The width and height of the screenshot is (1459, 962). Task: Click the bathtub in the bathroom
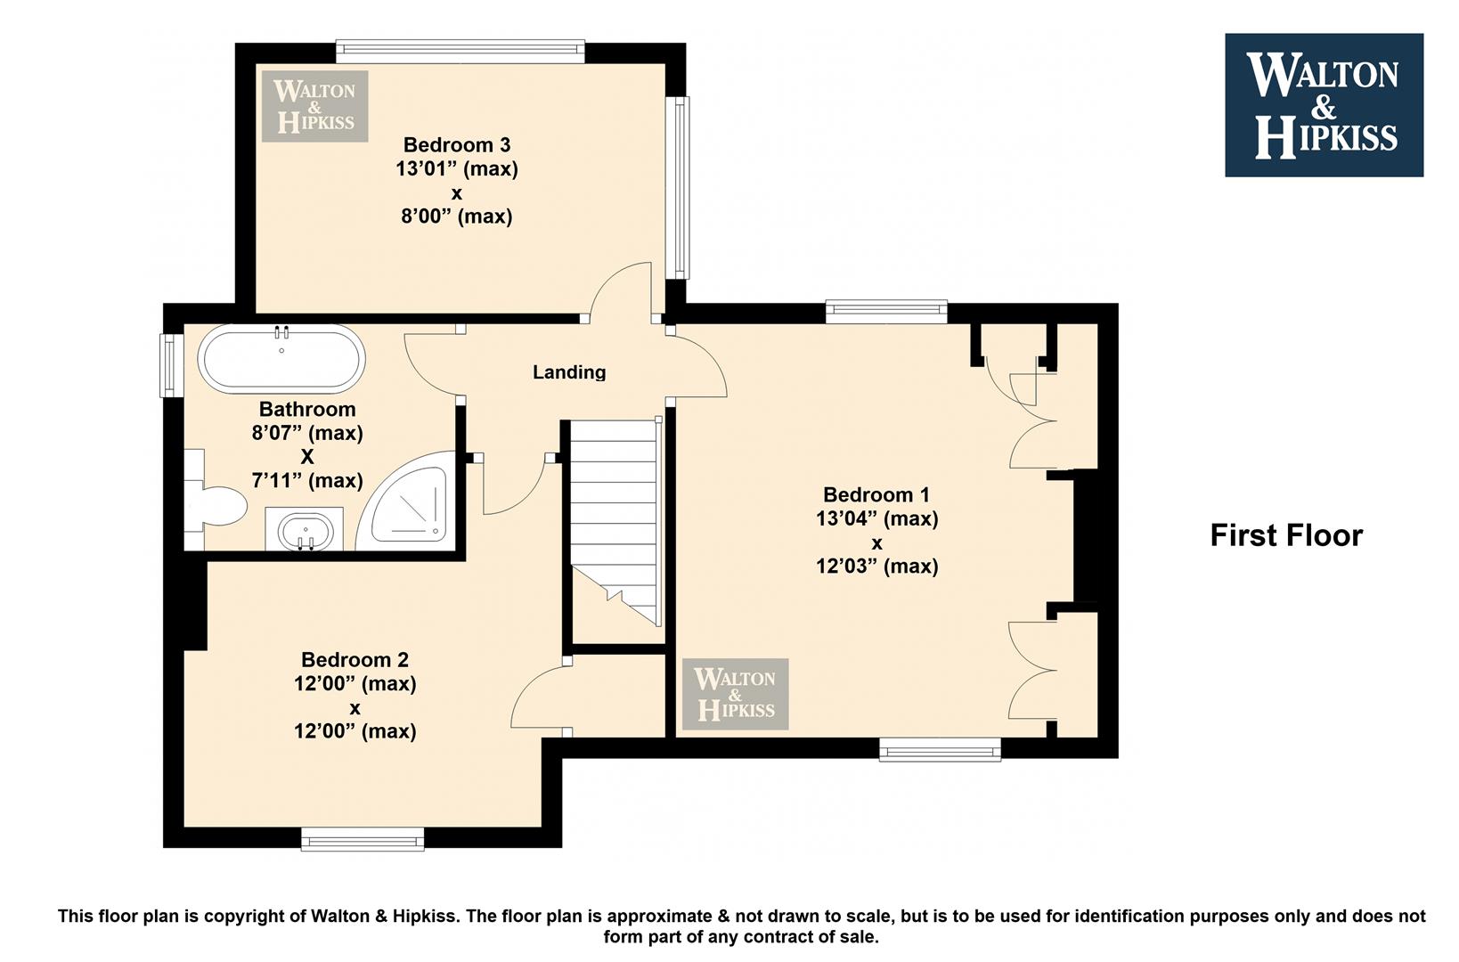[x=281, y=359]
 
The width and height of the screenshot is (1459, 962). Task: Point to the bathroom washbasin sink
[x=304, y=530]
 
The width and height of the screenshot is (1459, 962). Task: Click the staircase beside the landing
[x=615, y=522]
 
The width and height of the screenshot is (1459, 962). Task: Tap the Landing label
[x=569, y=372]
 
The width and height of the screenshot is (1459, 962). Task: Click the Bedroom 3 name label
[x=457, y=144]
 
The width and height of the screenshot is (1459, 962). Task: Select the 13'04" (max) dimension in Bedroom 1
[x=876, y=518]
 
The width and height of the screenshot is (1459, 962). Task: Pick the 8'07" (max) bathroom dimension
[x=306, y=433]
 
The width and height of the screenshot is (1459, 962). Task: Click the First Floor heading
[x=1286, y=535]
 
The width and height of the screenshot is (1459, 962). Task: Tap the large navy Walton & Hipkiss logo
[x=1325, y=105]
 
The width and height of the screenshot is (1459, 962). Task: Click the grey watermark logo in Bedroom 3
[x=315, y=106]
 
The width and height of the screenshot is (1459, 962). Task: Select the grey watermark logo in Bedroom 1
[x=736, y=694]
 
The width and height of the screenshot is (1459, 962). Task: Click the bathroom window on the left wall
[x=171, y=365]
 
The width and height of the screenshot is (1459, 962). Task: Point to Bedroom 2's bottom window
[x=363, y=839]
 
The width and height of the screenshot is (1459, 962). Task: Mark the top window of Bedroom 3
[x=461, y=52]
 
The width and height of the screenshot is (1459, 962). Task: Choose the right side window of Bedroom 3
[x=678, y=188]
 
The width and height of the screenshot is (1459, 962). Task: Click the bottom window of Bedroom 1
[x=940, y=749]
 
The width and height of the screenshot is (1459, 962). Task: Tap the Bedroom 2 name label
[x=355, y=660]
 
